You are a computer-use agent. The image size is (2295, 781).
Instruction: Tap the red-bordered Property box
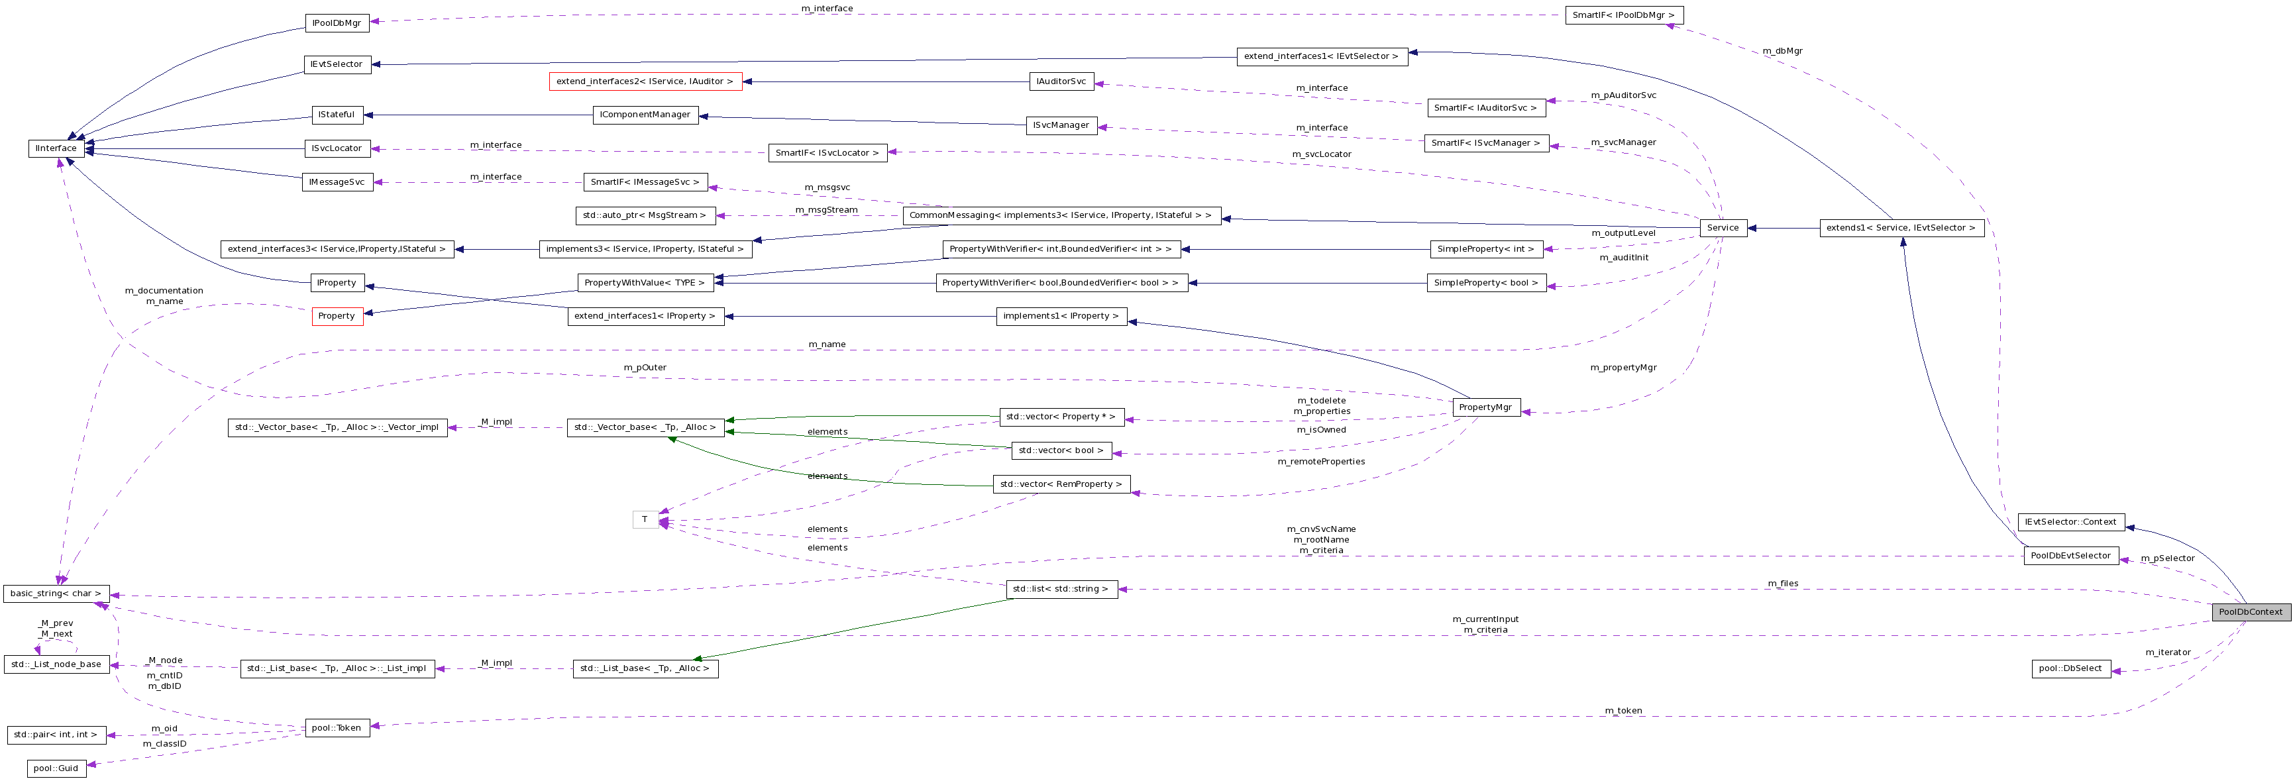tap(337, 316)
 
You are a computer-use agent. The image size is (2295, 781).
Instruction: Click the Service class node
tap(1722, 228)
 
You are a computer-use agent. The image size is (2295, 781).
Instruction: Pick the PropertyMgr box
tap(1486, 407)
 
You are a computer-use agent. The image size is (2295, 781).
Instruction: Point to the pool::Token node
tap(337, 727)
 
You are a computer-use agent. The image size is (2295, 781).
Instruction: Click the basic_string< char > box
tap(56, 593)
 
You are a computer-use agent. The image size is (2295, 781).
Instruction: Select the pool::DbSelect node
tap(2070, 668)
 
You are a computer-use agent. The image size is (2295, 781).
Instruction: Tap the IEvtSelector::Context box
tap(2070, 522)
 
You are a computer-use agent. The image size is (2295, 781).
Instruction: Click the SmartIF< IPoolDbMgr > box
tap(1623, 15)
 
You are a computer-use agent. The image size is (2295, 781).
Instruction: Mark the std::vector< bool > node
tap(1060, 450)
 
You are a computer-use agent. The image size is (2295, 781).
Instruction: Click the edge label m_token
tap(1623, 711)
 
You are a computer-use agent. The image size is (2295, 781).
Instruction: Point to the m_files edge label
tap(1783, 584)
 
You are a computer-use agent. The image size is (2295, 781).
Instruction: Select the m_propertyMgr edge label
tap(1623, 367)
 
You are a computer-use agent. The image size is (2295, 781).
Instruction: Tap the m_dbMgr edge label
tap(1782, 51)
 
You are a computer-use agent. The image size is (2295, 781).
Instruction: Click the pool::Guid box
tap(56, 768)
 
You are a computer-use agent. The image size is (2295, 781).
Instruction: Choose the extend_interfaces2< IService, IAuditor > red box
tap(645, 81)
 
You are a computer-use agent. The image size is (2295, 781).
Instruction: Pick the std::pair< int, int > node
tap(56, 735)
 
